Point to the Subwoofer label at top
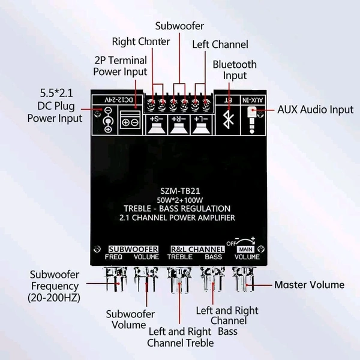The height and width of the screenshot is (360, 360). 179,26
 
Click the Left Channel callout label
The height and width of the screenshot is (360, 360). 220,44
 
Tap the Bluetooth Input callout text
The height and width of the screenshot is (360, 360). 235,70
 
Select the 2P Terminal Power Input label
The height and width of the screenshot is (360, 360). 120,66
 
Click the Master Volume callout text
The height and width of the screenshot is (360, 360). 309,284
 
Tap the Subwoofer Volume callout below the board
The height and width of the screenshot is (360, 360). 130,319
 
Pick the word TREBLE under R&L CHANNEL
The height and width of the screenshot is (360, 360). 180,257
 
